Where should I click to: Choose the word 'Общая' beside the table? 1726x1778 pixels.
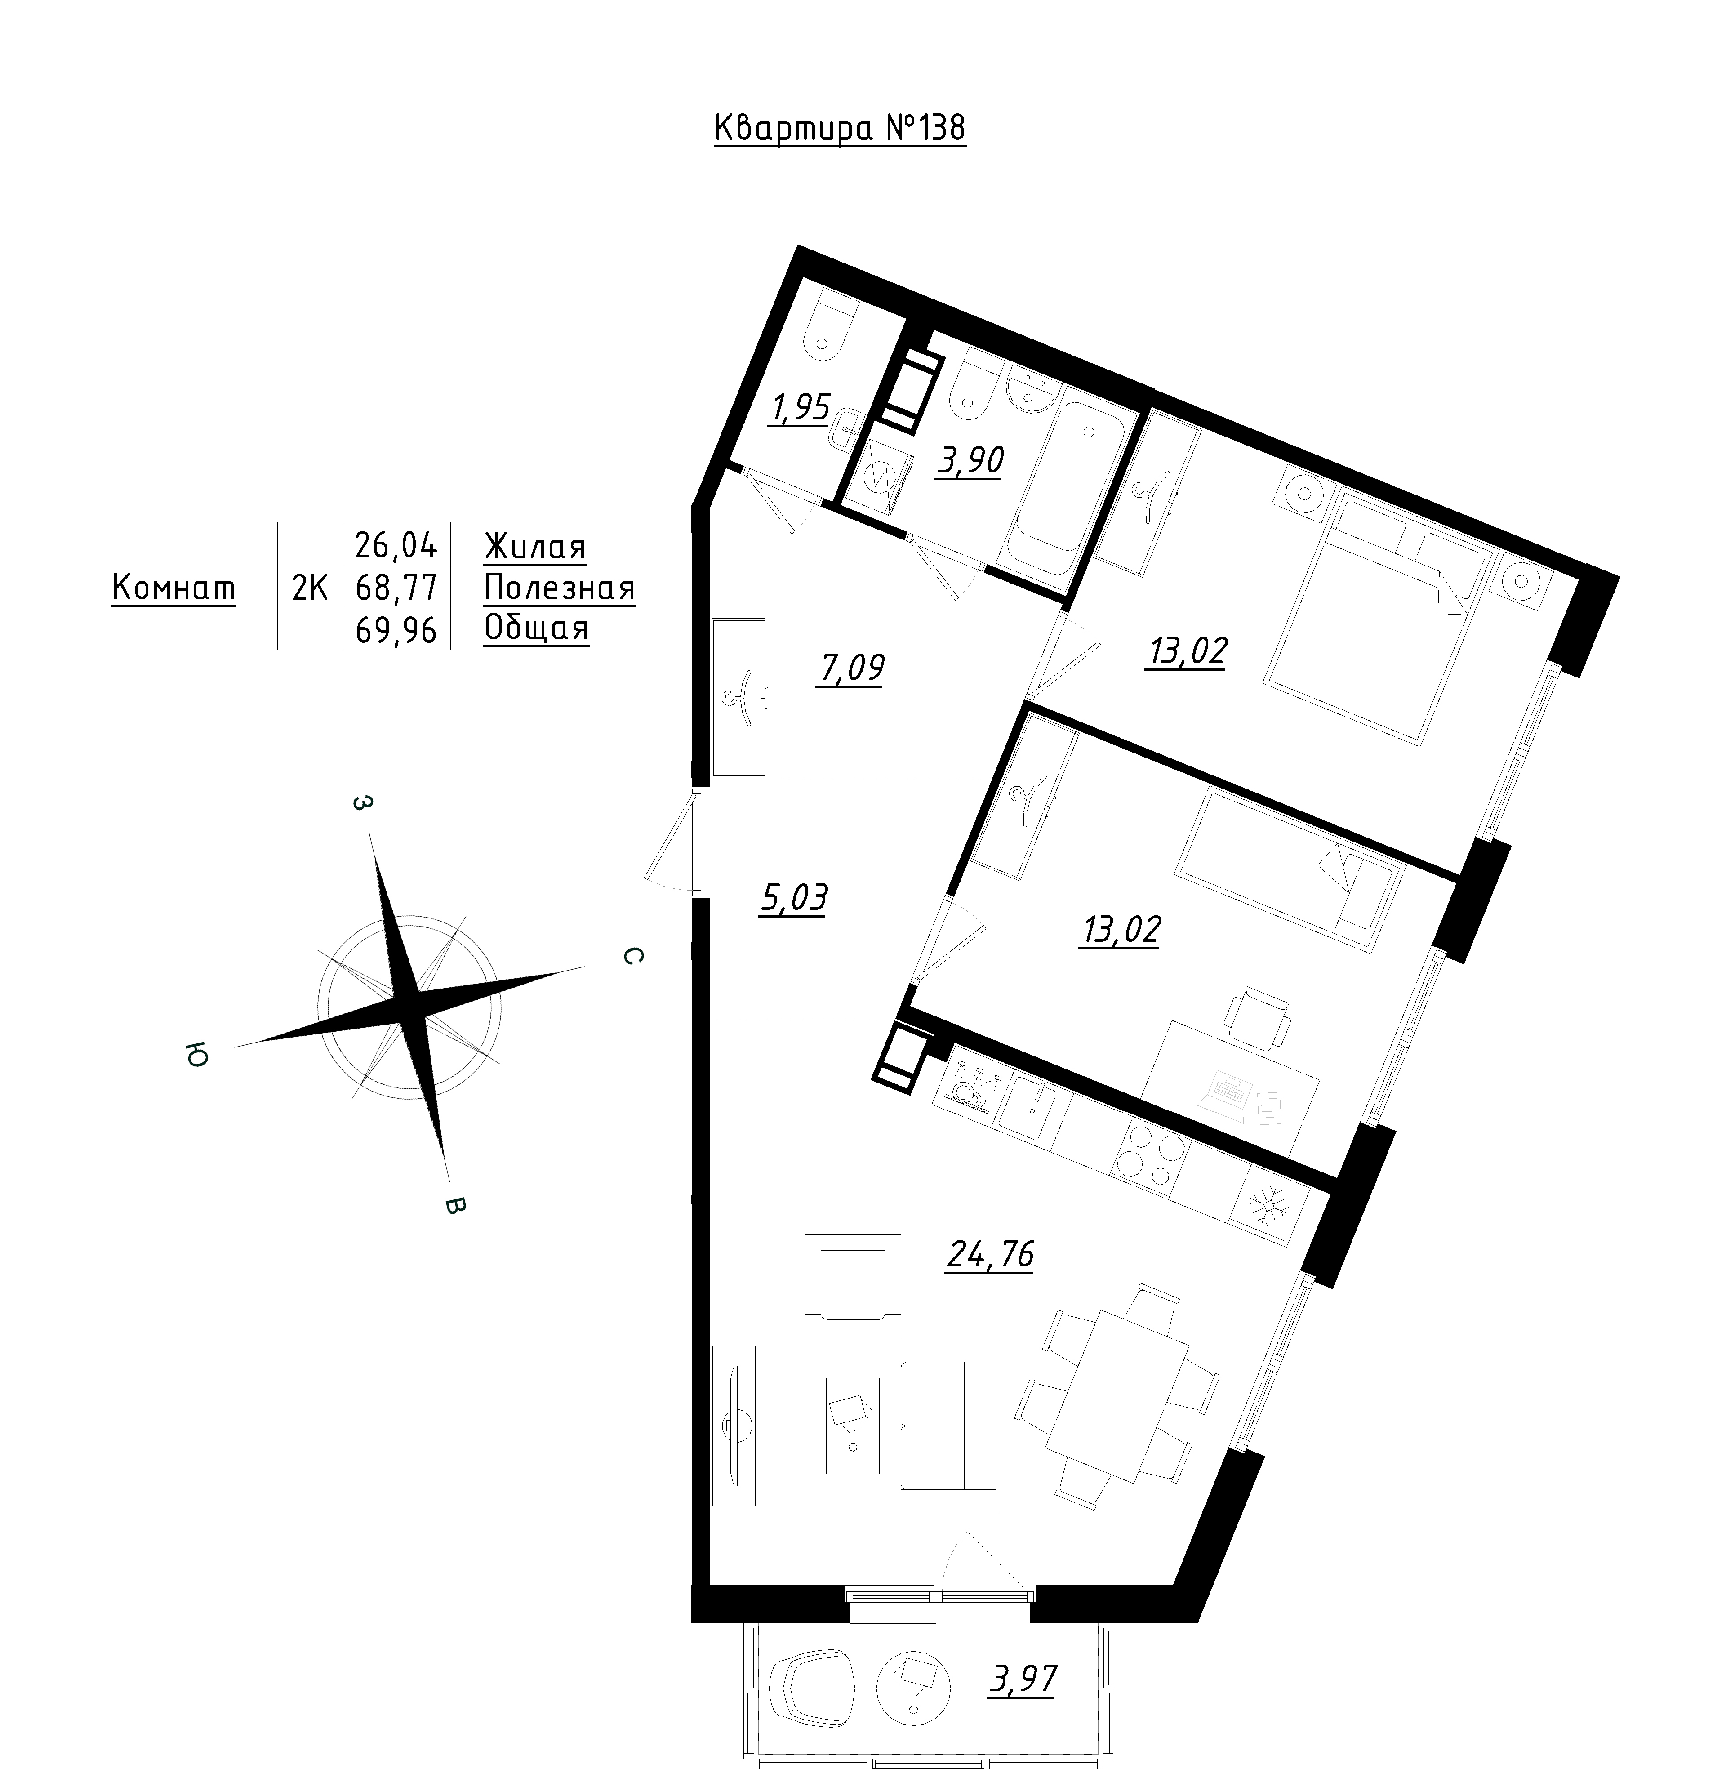click(x=536, y=628)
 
